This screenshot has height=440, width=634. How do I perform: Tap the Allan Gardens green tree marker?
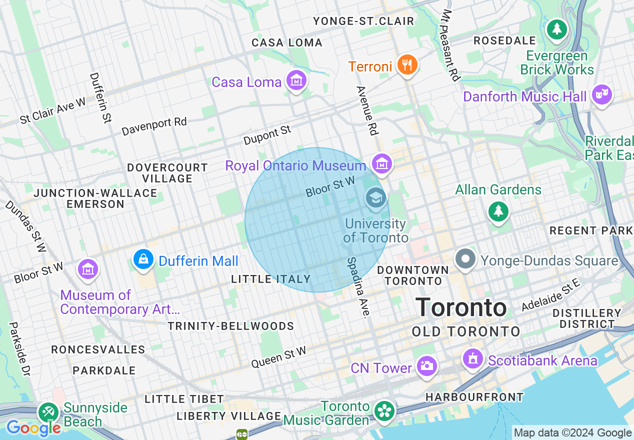pyautogui.click(x=498, y=211)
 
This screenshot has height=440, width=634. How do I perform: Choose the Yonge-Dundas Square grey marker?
pyautogui.click(x=466, y=259)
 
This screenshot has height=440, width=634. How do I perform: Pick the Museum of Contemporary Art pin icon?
pyautogui.click(x=88, y=269)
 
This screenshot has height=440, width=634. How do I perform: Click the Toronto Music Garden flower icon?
pyautogui.click(x=384, y=411)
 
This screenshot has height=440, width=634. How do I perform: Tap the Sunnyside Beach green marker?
pyautogui.click(x=48, y=412)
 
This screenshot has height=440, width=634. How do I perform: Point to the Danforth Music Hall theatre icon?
pyautogui.click(x=601, y=94)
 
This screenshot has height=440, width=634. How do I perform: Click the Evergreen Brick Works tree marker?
pyautogui.click(x=556, y=29)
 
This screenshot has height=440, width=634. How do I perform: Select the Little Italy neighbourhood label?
pyautogui.click(x=271, y=279)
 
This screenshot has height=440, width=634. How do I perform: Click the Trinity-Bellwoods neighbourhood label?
pyautogui.click(x=230, y=326)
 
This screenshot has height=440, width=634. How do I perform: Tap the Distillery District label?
pyautogui.click(x=587, y=318)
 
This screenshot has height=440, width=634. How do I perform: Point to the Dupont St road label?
pyautogui.click(x=267, y=135)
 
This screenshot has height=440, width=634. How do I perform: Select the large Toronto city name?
pyautogui.click(x=461, y=307)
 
